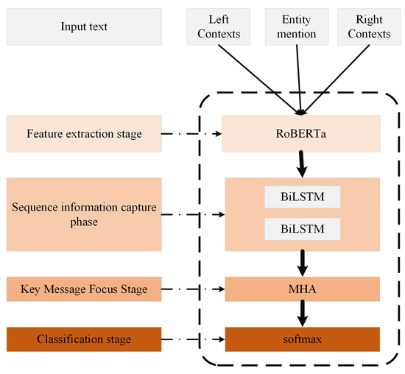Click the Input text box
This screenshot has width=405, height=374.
pyautogui.click(x=83, y=27)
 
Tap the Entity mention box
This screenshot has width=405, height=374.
pyautogui.click(x=292, y=27)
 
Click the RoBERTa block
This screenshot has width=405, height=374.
pyautogui.click(x=300, y=134)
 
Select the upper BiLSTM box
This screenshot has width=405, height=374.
pyautogui.click(x=303, y=197)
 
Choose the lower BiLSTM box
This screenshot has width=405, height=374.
pyautogui.click(x=303, y=229)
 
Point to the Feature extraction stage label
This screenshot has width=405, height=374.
pyautogui.click(x=83, y=134)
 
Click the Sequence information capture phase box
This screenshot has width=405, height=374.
pyautogui.click(x=83, y=213)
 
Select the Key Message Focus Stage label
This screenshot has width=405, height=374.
pyautogui.click(x=83, y=289)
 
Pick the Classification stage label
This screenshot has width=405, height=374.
pyautogui.click(x=83, y=338)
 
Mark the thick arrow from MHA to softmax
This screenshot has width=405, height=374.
pyautogui.click(x=300, y=314)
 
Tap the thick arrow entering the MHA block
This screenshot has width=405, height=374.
pyautogui.click(x=300, y=262)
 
